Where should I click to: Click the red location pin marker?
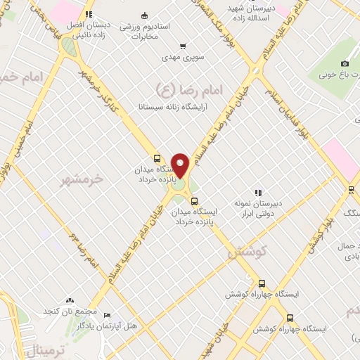point(181,165)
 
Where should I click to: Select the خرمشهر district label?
point(82,179)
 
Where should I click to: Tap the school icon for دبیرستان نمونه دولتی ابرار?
point(258,193)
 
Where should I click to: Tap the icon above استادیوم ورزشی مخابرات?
point(144,15)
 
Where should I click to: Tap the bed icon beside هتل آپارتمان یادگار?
point(107,316)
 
